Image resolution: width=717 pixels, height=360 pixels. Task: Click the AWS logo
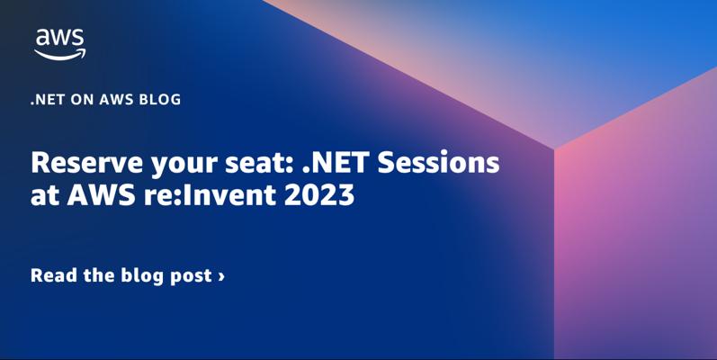60,44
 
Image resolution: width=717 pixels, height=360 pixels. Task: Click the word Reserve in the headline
87,163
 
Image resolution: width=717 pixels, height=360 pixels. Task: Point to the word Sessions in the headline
438,163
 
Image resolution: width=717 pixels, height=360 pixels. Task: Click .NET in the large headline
337,163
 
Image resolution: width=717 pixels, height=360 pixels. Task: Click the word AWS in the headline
101,195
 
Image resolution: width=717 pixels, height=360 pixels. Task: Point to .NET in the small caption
48,100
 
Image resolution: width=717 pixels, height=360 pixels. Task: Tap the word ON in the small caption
82,100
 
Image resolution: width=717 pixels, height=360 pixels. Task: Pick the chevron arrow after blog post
222,276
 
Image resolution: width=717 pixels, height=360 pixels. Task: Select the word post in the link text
191,276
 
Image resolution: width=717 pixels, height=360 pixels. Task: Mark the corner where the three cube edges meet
554,148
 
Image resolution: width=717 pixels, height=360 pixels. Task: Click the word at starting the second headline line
45,196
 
